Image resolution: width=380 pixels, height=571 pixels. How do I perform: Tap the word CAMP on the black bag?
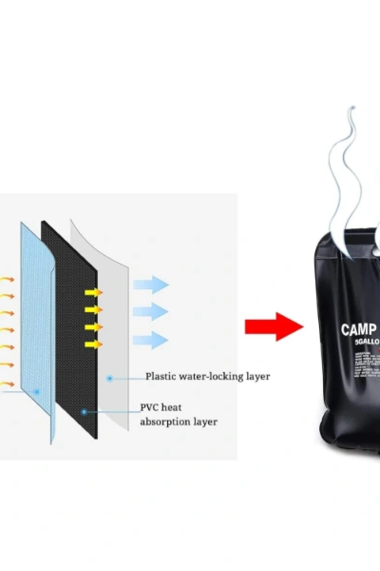(x=359, y=329)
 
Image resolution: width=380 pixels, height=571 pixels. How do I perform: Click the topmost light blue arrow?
(x=151, y=285)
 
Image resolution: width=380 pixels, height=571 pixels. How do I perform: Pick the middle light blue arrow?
(x=151, y=312)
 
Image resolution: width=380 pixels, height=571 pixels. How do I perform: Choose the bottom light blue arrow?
(x=151, y=340)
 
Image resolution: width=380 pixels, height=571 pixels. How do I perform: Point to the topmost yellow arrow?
(x=94, y=292)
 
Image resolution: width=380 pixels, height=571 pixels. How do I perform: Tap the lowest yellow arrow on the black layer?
(x=94, y=344)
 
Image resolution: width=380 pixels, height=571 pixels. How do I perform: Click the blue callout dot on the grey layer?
(x=110, y=378)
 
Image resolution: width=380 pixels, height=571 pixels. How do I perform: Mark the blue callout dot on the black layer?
(x=84, y=412)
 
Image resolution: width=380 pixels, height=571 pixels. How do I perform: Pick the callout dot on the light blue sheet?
(x=36, y=392)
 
